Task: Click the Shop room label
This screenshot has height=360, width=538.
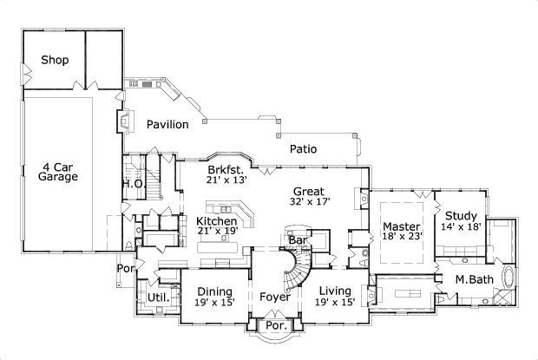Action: (x=55, y=61)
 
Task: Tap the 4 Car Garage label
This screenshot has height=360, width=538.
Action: (x=58, y=171)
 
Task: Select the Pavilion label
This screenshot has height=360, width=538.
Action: (x=167, y=125)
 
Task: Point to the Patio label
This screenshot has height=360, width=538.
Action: (x=303, y=149)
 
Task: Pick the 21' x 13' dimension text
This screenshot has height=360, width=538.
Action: (x=227, y=180)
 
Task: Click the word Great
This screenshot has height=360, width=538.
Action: (x=308, y=192)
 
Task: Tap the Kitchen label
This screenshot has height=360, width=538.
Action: (x=216, y=221)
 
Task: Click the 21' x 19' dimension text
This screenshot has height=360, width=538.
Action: (x=216, y=232)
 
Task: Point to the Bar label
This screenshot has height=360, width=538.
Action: (x=298, y=239)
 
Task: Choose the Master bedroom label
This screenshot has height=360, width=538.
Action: (x=401, y=227)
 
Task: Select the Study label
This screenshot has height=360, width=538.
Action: (x=461, y=216)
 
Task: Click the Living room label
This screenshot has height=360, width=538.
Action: (x=336, y=291)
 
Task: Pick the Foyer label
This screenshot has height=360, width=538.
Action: (x=276, y=298)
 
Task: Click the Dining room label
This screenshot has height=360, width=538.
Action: (x=213, y=291)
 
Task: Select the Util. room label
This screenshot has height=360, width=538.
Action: (x=157, y=298)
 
